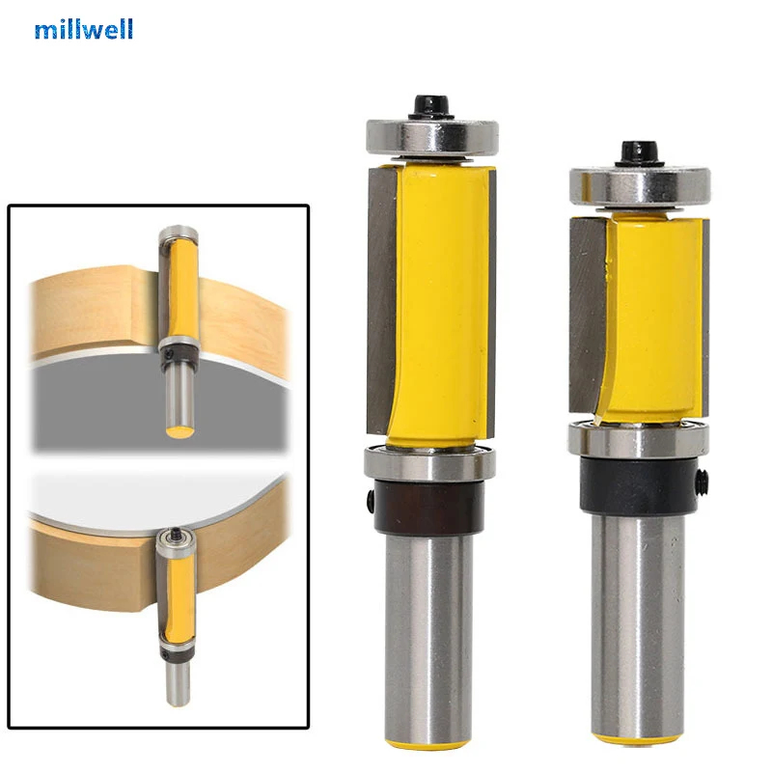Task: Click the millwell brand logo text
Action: [84, 29]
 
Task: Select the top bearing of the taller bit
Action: [430, 134]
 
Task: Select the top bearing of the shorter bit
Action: [639, 185]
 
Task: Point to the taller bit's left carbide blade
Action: [381, 299]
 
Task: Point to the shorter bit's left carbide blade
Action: [587, 318]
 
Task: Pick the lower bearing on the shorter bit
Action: [639, 441]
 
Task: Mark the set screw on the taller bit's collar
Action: [372, 499]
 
